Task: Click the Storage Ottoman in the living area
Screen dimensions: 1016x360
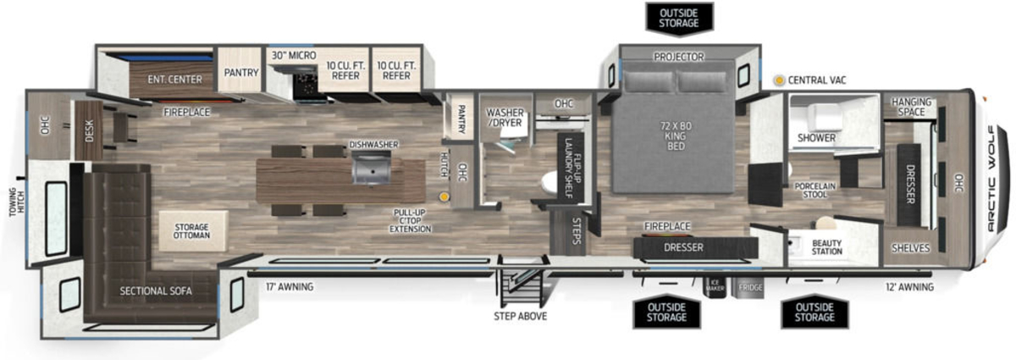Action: tap(192, 230)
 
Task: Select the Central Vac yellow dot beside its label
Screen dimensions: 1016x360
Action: tap(779, 80)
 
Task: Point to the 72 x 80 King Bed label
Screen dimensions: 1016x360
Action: tap(676, 136)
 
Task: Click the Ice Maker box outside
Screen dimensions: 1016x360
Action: tap(715, 285)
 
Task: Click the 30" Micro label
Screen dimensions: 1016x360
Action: tap(294, 55)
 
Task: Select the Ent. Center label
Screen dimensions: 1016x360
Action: tap(174, 80)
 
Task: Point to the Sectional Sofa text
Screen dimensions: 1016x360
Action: tap(156, 291)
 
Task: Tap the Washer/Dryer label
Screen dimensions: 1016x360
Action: tap(505, 117)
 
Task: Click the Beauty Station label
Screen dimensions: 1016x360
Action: tap(827, 247)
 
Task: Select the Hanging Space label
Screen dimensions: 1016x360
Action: tap(911, 107)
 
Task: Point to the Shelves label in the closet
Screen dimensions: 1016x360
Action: tap(910, 248)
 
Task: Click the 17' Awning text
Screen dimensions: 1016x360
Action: tap(290, 287)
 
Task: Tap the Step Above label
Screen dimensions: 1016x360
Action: tap(520, 316)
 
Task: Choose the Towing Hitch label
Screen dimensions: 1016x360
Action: tap(16, 202)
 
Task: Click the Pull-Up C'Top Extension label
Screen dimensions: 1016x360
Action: tap(410, 221)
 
